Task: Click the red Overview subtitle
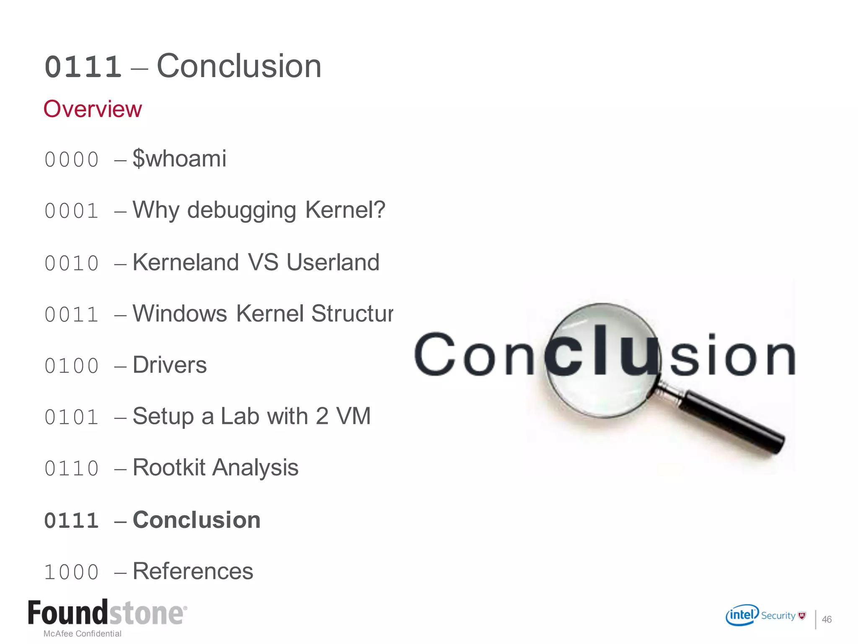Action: (93, 109)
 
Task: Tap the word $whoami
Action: (179, 158)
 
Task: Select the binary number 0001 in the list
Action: (72, 211)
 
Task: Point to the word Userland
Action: (333, 262)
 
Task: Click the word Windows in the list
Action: (180, 314)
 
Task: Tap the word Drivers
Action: (170, 365)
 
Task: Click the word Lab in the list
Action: (240, 416)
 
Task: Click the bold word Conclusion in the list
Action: (196, 520)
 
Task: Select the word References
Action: (193, 571)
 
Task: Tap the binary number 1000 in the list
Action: (72, 572)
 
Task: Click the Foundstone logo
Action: (107, 613)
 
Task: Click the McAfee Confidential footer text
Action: (83, 634)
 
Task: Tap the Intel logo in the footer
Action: (742, 615)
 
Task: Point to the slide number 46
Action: (827, 619)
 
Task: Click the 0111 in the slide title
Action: (83, 67)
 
